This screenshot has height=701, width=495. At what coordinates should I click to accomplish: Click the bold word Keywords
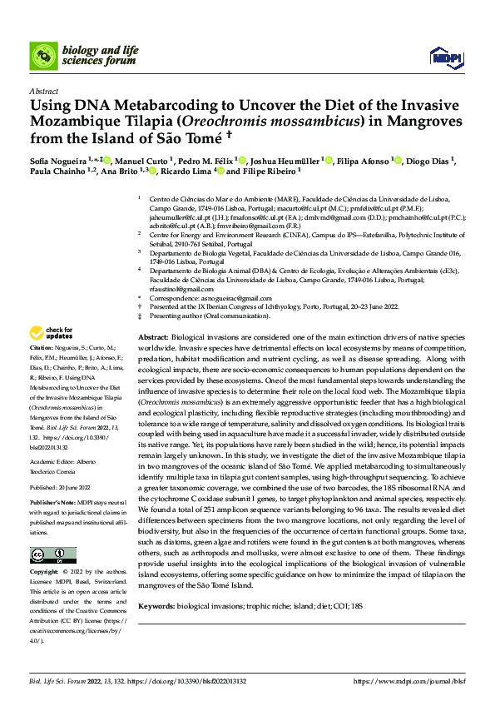pos(156,607)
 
